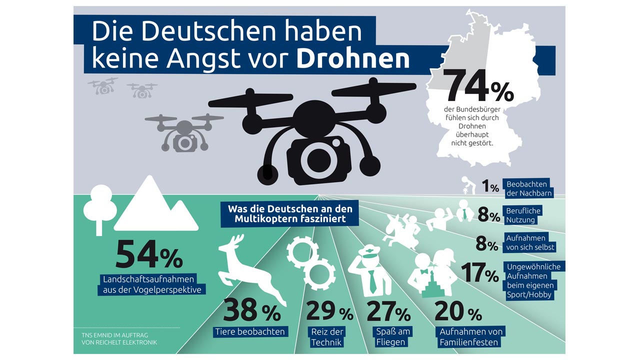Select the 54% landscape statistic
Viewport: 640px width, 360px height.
coord(149,254)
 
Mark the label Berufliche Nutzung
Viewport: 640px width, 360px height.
coord(523,215)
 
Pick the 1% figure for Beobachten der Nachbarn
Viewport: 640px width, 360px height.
coord(490,187)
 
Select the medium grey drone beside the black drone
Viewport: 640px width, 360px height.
coord(184,131)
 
